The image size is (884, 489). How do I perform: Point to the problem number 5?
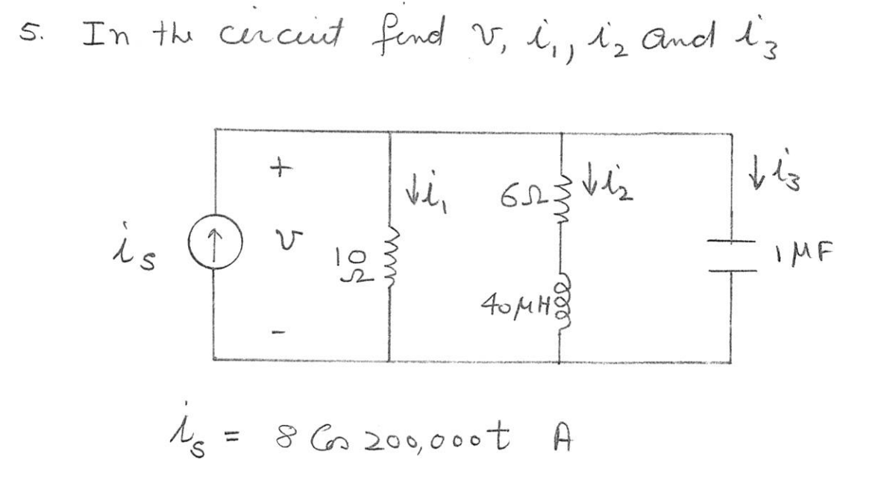coord(29,32)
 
